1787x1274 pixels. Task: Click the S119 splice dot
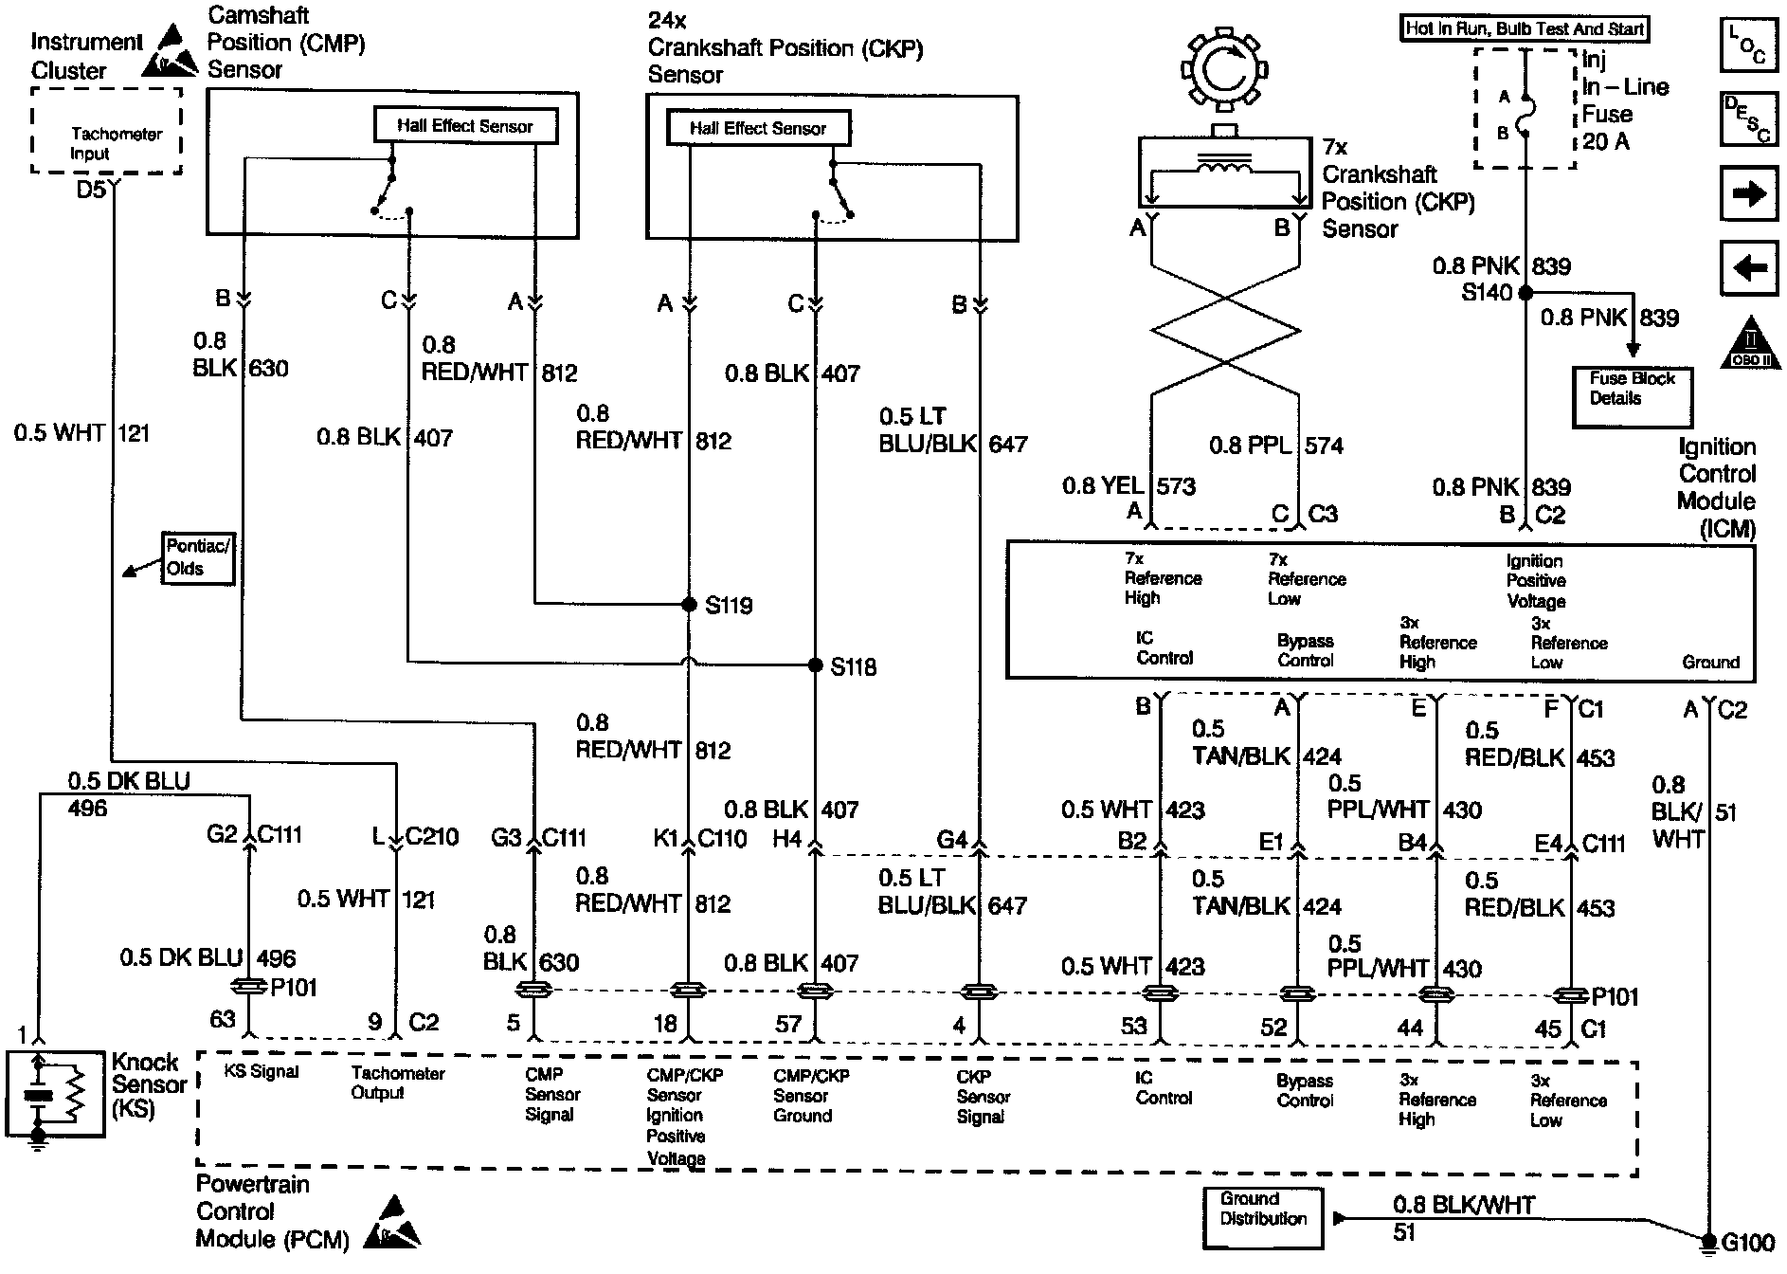(x=690, y=604)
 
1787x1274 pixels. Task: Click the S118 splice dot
(x=815, y=665)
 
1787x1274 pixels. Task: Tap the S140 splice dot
(x=1525, y=293)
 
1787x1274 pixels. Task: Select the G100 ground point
(x=1708, y=1240)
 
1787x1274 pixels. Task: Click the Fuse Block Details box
(x=1632, y=396)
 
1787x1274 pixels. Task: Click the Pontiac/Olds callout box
(x=198, y=557)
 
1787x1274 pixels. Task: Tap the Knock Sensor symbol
(x=56, y=1093)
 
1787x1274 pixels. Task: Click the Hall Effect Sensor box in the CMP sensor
(x=464, y=126)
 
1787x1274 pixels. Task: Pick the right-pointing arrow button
(x=1748, y=194)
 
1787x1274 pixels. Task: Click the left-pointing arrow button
(x=1748, y=268)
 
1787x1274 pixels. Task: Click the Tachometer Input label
(x=116, y=143)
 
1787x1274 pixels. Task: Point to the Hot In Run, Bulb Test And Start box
(x=1524, y=28)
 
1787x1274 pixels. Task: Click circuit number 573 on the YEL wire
(x=1176, y=487)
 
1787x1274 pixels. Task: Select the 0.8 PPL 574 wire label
(x=1275, y=446)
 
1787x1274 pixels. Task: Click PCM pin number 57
(x=788, y=1024)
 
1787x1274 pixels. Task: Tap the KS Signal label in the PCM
(x=262, y=1072)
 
